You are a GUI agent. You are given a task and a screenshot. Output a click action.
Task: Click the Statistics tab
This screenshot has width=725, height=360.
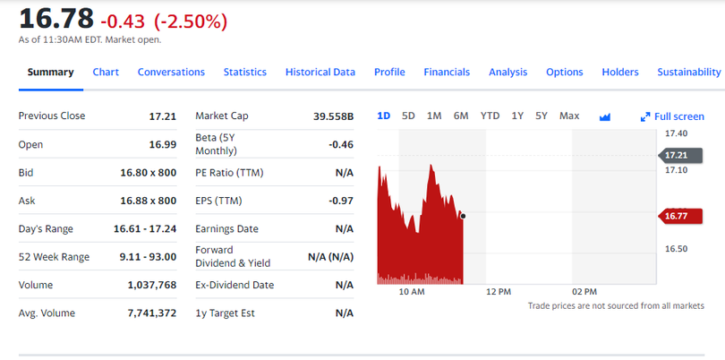coord(244,72)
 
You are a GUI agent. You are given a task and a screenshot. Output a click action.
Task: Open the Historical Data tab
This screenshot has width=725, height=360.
coord(320,72)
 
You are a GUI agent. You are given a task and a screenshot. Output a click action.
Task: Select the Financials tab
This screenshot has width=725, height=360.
coord(447,72)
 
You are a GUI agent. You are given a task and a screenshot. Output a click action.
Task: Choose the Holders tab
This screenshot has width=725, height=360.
coord(620,72)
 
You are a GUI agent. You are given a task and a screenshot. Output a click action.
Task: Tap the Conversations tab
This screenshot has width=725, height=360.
coord(171,72)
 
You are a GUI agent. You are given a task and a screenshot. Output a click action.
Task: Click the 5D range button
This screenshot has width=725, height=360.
coord(408,116)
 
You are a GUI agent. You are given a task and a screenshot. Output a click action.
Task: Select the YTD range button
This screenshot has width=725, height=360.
coord(490,116)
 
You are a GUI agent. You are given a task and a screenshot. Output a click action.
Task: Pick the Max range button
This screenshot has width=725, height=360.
coord(569,116)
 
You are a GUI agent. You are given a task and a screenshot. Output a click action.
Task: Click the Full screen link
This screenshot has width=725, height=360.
coord(672,116)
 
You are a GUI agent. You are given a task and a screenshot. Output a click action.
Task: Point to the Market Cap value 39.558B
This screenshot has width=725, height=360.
coord(334,116)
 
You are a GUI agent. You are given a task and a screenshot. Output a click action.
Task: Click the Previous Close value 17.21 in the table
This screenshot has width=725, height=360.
coord(162,116)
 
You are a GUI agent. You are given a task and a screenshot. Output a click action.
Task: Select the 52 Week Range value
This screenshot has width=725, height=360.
coord(148,257)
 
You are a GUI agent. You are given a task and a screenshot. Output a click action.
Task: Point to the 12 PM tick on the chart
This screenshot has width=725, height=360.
coord(498,292)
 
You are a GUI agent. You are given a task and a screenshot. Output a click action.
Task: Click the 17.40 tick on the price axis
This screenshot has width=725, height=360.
coord(676,133)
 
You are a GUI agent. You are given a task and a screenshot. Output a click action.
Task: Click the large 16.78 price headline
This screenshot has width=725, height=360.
coord(55,18)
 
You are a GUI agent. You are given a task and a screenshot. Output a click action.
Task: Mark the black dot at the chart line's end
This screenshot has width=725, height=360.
coord(463,216)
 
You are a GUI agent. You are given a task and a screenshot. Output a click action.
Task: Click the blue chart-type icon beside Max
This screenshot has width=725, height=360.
coord(604,116)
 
